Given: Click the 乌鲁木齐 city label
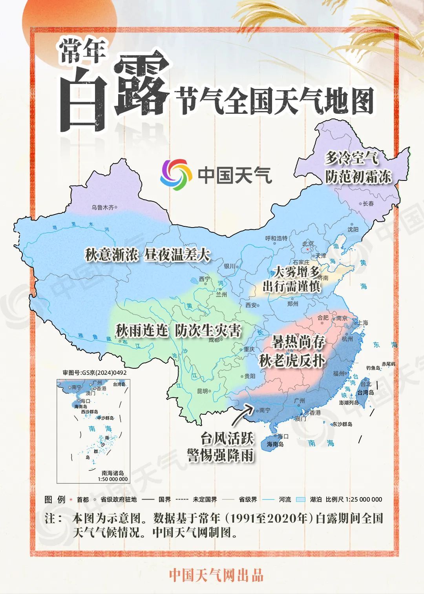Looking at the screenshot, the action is coord(102,207).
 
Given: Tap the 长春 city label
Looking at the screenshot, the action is coord(368,204).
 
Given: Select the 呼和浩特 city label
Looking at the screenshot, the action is coord(276,238).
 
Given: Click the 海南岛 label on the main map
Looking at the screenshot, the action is coord(275,444).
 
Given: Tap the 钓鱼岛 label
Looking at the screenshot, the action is coord(373,368).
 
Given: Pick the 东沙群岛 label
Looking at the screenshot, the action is coord(342,424).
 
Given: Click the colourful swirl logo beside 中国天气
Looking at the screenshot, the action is coord(176,175).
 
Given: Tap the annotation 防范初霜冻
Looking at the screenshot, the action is coord(358,177).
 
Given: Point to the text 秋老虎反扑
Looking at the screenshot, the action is coord(292,361).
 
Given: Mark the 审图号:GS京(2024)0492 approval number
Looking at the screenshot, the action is coord(95,373).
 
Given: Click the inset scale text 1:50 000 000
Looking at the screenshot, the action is coord(113,479).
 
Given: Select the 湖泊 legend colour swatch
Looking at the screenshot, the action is coord(300,499).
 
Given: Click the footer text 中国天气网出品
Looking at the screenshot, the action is coord(216,575).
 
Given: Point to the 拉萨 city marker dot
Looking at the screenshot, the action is coord(120,341).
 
